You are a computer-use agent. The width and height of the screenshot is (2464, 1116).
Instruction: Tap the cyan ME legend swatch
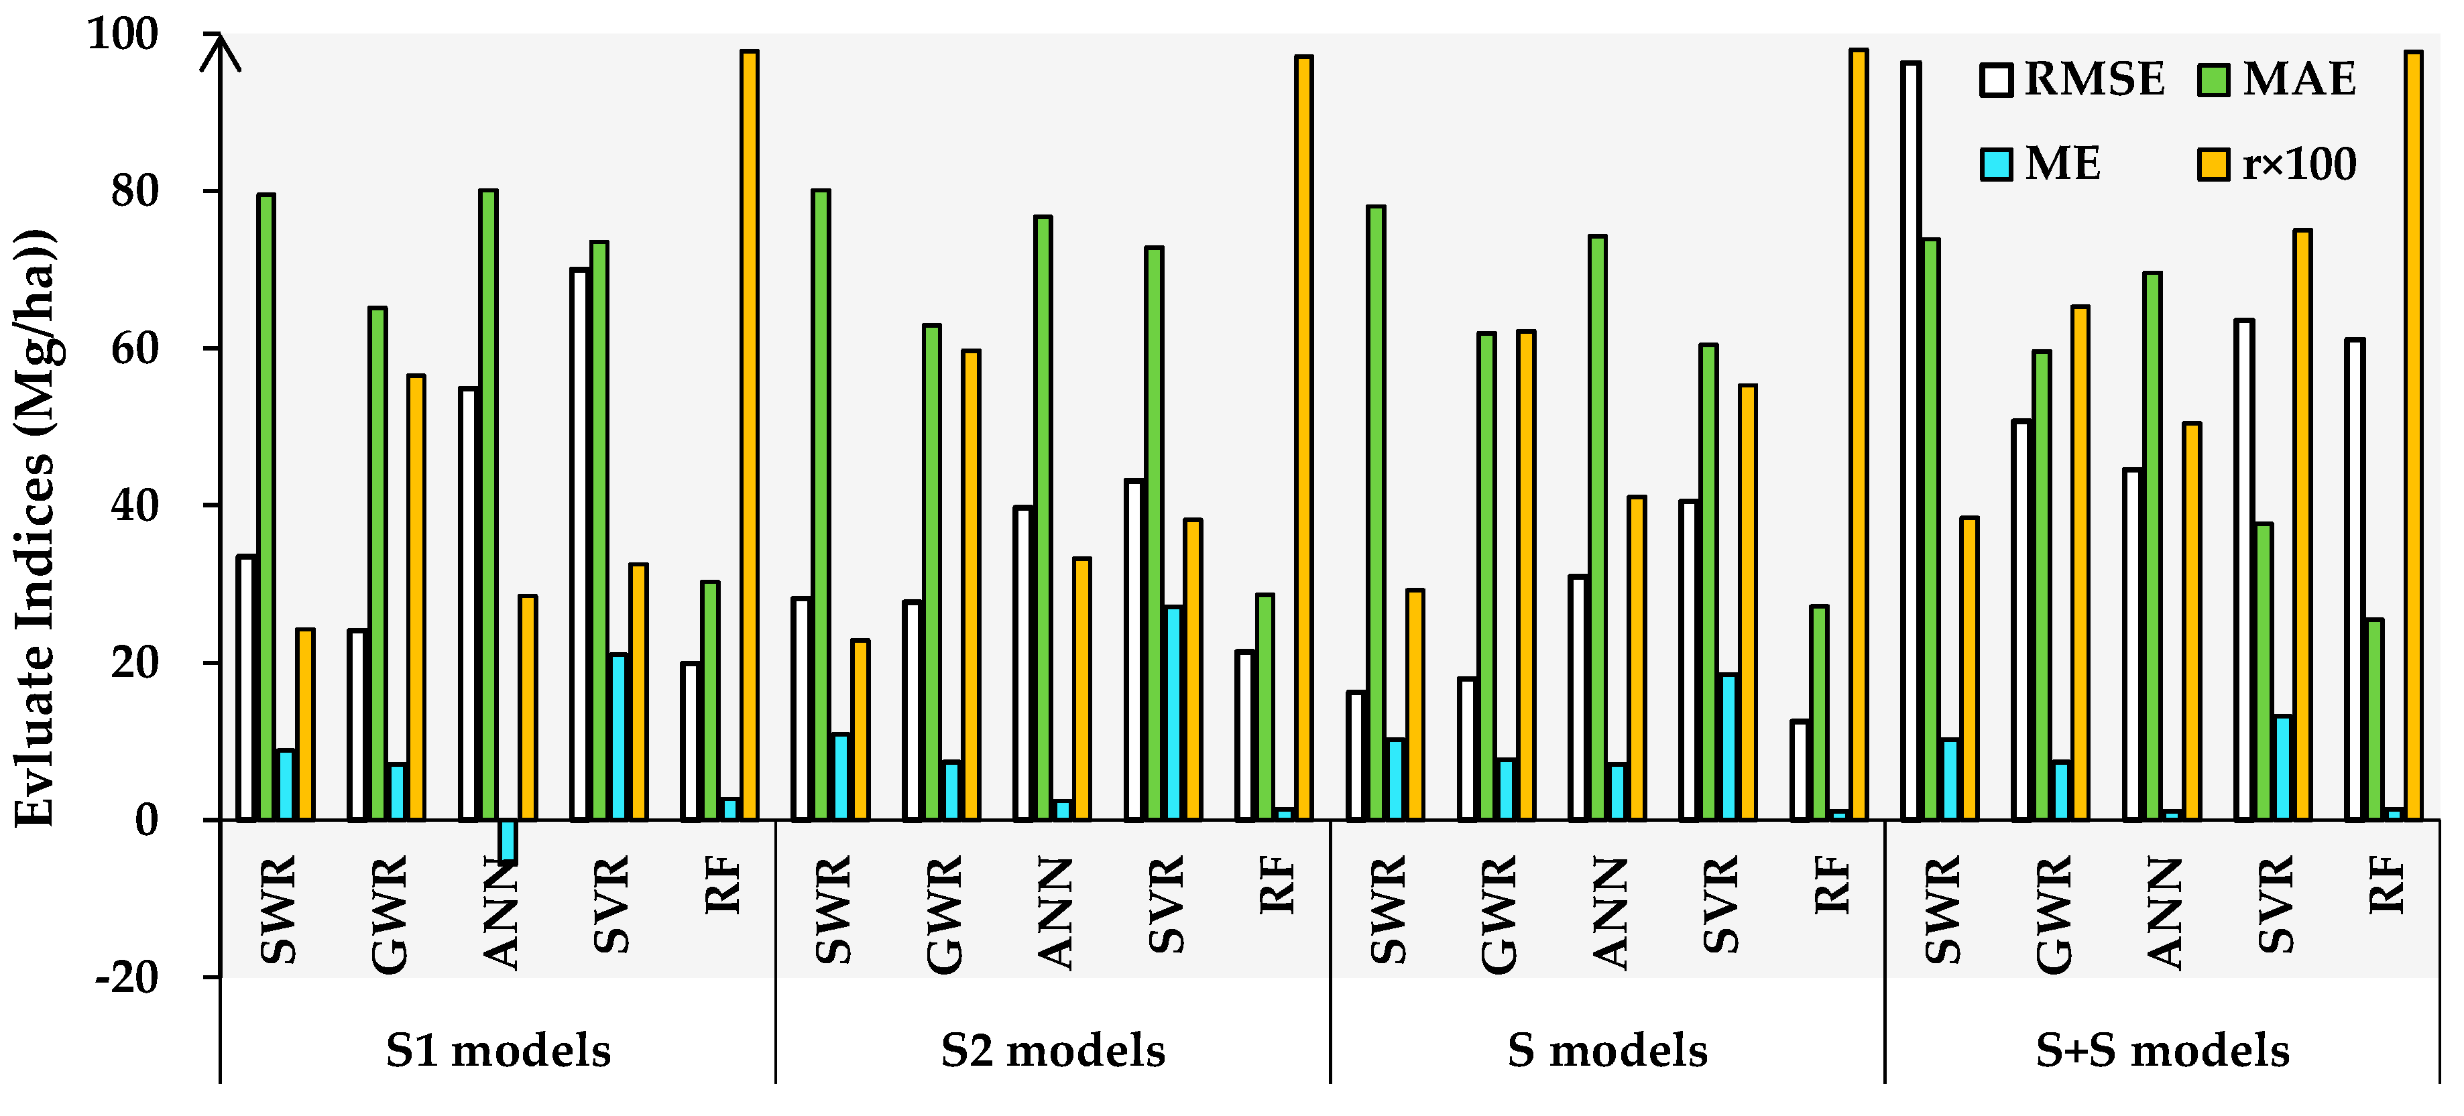(1996, 164)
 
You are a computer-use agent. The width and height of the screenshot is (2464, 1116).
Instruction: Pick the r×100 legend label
(2300, 164)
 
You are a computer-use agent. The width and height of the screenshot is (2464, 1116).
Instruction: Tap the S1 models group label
(497, 1051)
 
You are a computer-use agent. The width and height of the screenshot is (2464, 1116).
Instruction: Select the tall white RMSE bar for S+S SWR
(1911, 440)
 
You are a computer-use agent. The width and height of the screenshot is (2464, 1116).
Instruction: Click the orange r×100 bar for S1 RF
(749, 435)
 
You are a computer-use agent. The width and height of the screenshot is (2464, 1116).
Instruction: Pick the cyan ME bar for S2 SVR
(1173, 712)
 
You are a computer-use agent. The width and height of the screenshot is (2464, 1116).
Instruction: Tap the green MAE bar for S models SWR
(1375, 513)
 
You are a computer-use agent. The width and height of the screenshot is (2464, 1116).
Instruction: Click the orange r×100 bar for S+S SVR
(2302, 524)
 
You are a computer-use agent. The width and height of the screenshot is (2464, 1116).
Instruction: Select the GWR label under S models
(1499, 914)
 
